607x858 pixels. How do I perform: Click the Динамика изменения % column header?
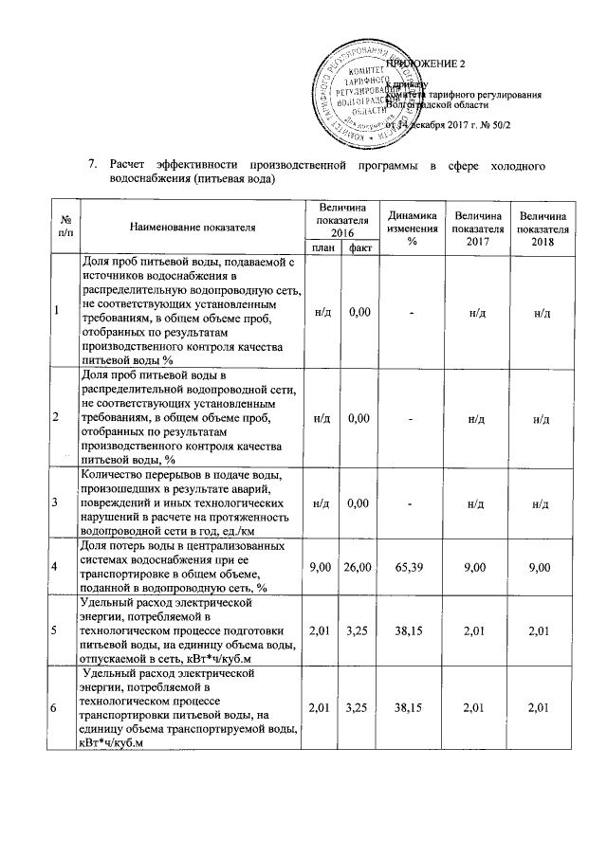coord(412,228)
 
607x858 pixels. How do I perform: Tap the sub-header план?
coord(321,247)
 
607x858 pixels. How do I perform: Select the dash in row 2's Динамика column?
coord(412,416)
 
